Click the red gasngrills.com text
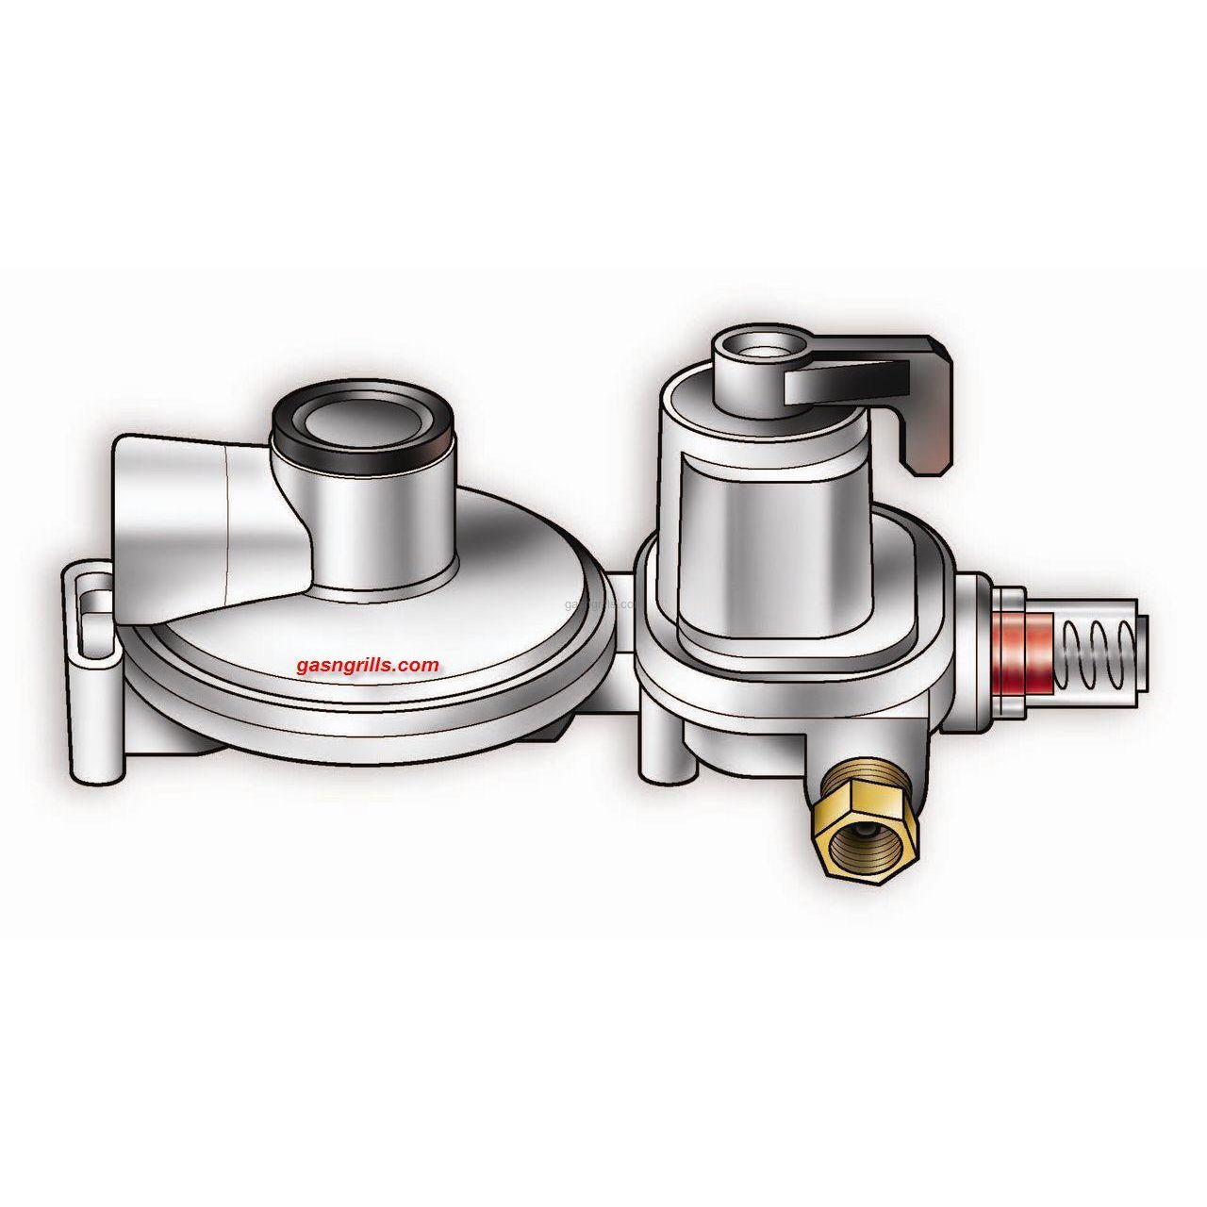[x=368, y=665]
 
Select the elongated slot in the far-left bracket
[x=91, y=621]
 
